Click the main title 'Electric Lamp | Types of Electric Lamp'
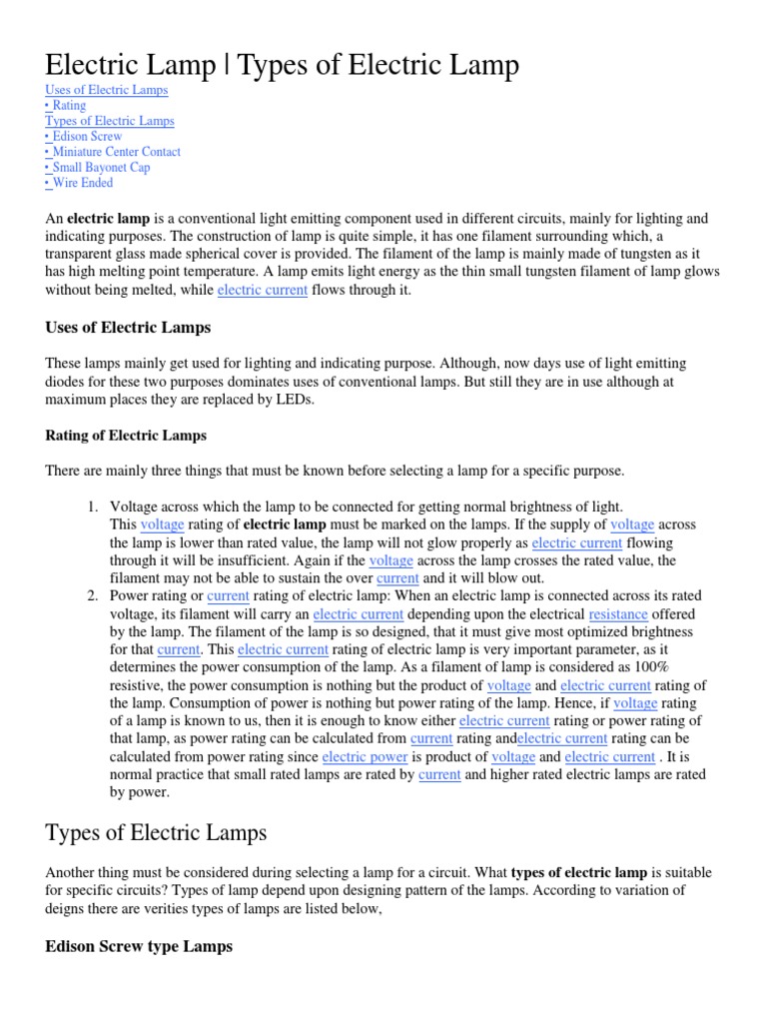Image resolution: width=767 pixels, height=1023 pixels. (x=283, y=66)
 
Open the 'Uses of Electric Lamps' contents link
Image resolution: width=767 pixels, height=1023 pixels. (x=107, y=90)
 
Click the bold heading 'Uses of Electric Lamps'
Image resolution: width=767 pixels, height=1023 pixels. (x=128, y=327)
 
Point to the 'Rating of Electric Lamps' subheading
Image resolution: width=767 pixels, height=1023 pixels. (x=126, y=436)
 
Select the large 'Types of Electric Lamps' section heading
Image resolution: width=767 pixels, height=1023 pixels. (x=157, y=831)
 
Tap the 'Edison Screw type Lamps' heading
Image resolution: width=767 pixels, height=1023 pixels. (x=139, y=946)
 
